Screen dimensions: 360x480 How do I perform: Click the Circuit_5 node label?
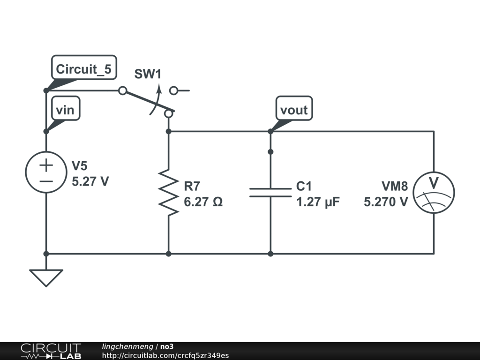click(x=83, y=69)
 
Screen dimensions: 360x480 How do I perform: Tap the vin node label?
click(x=65, y=110)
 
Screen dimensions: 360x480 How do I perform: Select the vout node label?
click(x=294, y=110)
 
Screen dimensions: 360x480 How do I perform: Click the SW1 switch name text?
click(x=148, y=74)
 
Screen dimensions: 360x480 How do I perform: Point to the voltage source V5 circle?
click(x=46, y=173)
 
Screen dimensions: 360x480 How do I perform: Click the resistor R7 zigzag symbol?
click(x=168, y=193)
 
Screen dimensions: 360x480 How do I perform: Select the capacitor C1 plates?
click(x=270, y=192)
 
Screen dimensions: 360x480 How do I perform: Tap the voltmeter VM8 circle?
click(x=434, y=193)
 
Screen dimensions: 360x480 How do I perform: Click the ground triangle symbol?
click(x=46, y=277)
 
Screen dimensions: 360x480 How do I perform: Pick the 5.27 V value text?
click(x=90, y=181)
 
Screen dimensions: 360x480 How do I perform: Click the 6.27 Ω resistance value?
click(x=203, y=202)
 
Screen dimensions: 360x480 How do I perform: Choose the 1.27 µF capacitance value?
click(x=318, y=202)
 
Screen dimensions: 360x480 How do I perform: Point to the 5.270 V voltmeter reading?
click(x=386, y=202)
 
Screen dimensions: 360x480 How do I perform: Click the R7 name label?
click(x=192, y=187)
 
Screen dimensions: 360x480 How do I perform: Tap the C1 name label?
click(x=304, y=187)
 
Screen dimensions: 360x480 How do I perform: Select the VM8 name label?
click(x=394, y=187)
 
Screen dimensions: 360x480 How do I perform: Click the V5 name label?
click(x=79, y=166)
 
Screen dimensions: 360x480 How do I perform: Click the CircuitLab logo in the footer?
click(x=50, y=351)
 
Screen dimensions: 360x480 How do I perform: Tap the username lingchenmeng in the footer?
click(x=127, y=346)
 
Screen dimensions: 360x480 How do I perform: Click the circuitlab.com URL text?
click(x=165, y=355)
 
